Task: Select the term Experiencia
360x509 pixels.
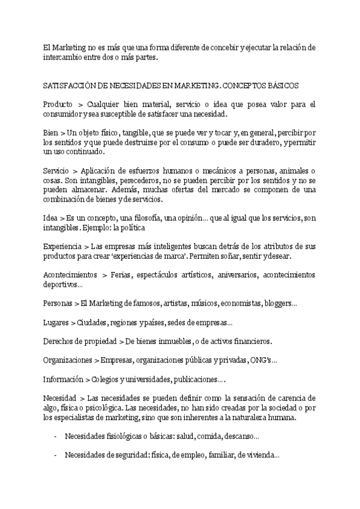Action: [62, 247]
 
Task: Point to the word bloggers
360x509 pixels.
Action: [277, 304]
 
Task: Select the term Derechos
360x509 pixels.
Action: [58, 342]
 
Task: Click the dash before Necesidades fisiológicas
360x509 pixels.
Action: [55, 436]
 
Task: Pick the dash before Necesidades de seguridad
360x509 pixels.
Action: [55, 455]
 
